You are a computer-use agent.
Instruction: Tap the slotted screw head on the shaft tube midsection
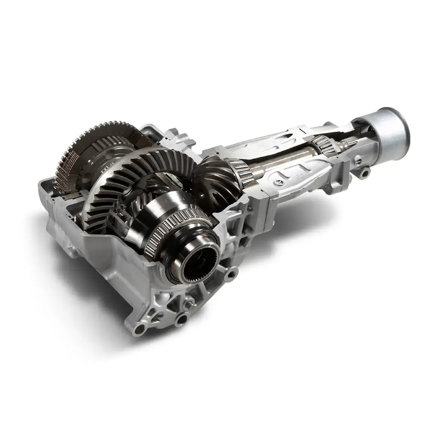click(x=278, y=181)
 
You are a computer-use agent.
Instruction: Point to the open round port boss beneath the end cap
click(x=364, y=172)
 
